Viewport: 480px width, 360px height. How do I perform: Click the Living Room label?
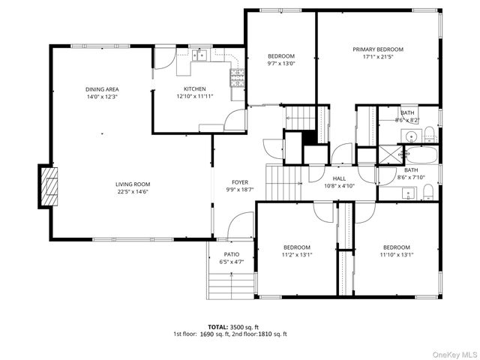(133, 184)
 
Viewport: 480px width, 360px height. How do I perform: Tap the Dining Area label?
(102, 89)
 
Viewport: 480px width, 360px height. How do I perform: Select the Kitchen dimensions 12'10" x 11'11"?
(195, 96)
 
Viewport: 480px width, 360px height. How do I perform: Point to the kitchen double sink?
(199, 55)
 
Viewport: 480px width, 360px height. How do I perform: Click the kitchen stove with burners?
(237, 78)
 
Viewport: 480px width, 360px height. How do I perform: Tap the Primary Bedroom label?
(378, 49)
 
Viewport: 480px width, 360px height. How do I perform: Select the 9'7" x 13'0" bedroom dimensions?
(281, 64)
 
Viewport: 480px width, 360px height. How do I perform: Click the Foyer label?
(240, 182)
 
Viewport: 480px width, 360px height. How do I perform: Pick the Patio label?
(232, 254)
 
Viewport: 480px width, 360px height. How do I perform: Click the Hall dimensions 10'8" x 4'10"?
(339, 185)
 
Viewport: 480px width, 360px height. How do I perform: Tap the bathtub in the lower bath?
(421, 155)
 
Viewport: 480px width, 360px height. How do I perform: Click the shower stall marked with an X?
(391, 155)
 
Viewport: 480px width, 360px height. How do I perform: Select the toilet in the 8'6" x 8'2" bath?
(430, 134)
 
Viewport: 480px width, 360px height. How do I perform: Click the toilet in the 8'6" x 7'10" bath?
(428, 192)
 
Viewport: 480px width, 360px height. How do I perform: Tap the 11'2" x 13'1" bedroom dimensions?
(297, 255)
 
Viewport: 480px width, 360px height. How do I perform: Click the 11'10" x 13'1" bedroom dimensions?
(397, 255)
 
